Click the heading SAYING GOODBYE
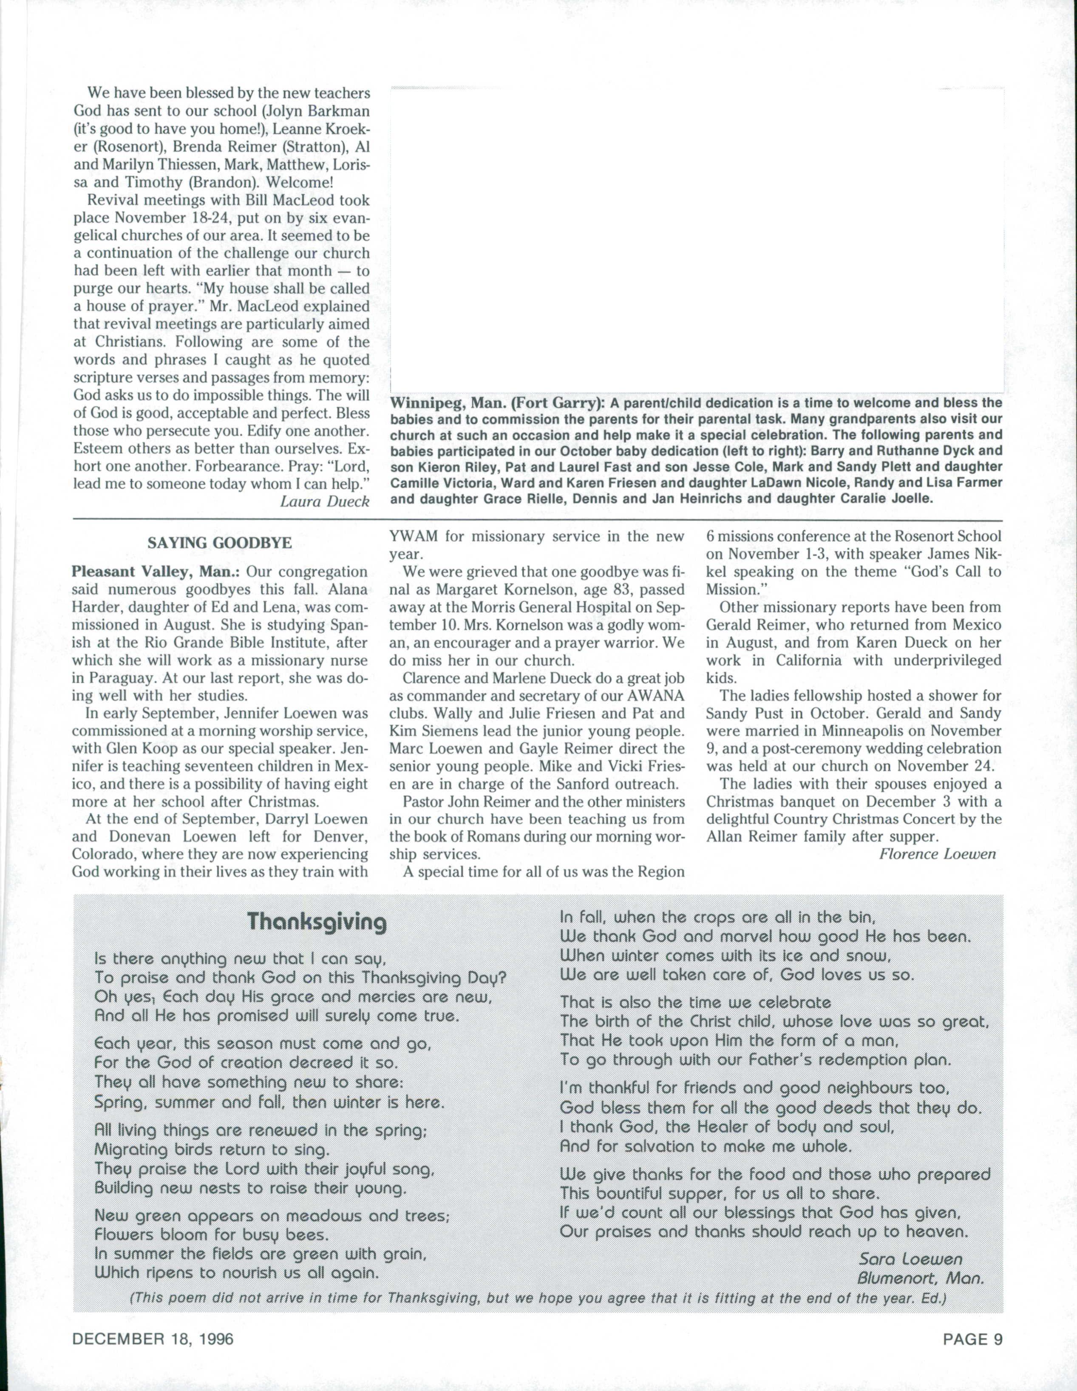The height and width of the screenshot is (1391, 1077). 220,543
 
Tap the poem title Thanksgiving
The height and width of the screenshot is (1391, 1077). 317,922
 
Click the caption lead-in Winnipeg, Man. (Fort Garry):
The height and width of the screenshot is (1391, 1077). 497,403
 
